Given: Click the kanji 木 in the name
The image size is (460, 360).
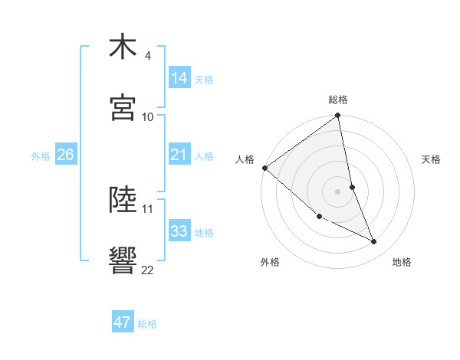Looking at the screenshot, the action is click(x=123, y=47).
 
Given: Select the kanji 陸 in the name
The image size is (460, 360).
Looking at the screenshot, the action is click(x=123, y=200).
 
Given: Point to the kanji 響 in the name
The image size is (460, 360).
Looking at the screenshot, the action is click(x=123, y=260).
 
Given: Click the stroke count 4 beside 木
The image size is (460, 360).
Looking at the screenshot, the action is click(x=148, y=56).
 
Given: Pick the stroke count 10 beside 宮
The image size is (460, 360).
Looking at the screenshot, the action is click(x=148, y=116).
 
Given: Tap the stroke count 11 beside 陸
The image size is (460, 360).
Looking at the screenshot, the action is click(x=148, y=208).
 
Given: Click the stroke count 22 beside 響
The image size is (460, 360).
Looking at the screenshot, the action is click(x=148, y=269).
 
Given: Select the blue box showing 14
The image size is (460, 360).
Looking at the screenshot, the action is click(x=179, y=78).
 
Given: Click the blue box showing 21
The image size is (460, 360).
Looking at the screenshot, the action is click(x=179, y=155).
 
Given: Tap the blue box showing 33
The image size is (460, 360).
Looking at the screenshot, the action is click(x=179, y=231).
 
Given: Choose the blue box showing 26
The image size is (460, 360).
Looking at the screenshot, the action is click(x=65, y=155).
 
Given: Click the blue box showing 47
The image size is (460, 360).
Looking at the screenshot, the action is click(x=123, y=322).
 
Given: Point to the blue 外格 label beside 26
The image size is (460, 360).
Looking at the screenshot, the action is click(x=41, y=156).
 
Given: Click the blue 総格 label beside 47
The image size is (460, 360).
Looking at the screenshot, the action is click(x=147, y=324).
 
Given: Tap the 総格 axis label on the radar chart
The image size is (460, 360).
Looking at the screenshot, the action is click(x=338, y=100).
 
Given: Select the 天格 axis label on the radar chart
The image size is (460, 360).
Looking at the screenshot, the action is click(x=431, y=159).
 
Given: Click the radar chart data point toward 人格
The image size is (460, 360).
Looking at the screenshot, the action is click(x=264, y=168).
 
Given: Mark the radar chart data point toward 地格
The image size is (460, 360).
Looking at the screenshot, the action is click(x=374, y=242).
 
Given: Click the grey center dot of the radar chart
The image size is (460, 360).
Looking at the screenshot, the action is click(x=338, y=191).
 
